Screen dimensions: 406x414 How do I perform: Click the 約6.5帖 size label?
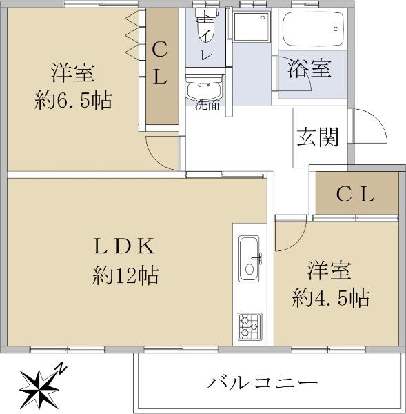(73, 100)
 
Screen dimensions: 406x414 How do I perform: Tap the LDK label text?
(124, 246)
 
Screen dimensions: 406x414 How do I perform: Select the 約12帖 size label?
(125, 275)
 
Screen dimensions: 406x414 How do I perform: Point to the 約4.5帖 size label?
(330, 298)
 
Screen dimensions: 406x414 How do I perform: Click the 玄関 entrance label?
(318, 137)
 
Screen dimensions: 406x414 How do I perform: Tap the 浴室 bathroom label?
(309, 68)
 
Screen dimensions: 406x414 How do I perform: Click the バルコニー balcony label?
(262, 383)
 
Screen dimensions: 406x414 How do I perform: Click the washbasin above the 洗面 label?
(203, 88)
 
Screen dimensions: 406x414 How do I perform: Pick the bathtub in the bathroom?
(313, 29)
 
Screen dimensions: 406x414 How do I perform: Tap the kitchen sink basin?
(250, 259)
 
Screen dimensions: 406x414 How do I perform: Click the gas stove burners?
(250, 326)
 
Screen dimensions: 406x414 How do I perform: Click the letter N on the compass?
(61, 368)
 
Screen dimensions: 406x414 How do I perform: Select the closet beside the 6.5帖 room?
(162, 66)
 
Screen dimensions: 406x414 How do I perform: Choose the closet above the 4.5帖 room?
(357, 193)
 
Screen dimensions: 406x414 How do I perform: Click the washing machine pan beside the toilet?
(252, 26)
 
